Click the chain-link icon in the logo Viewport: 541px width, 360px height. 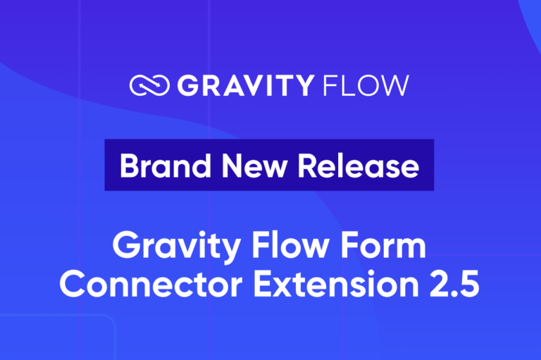point(149,86)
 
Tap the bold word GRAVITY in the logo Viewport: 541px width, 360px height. point(244,86)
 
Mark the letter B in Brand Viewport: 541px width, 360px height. point(128,166)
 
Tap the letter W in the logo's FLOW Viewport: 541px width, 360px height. point(394,86)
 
